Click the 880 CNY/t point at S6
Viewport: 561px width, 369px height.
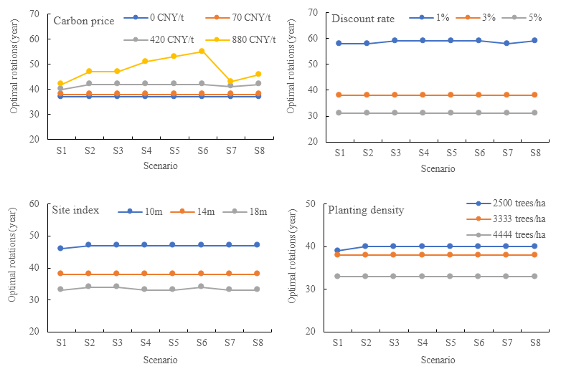point(202,52)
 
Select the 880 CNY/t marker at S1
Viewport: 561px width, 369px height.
point(60,84)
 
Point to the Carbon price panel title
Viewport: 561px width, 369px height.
point(83,21)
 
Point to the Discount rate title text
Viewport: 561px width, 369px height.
point(361,19)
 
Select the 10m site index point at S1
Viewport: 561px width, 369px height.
point(60,249)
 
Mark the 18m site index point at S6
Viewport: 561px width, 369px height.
point(202,287)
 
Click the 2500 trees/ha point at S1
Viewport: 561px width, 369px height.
point(338,251)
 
